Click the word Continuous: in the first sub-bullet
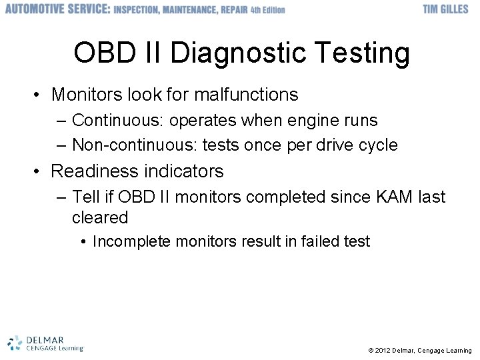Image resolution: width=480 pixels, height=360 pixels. [x=118, y=121]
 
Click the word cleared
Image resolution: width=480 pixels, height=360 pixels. [x=99, y=217]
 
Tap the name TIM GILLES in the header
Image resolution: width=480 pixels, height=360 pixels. [x=445, y=9]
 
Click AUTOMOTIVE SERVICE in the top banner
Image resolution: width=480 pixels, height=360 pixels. [x=57, y=9]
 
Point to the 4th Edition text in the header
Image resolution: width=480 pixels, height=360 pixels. [x=267, y=10]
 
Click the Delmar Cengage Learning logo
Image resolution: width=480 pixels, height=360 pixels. [x=45, y=343]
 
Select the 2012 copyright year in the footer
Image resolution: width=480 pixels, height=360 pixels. [x=383, y=351]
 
